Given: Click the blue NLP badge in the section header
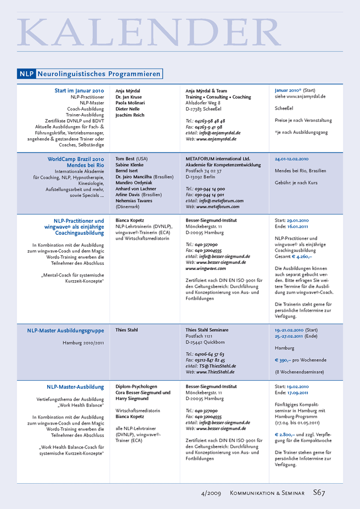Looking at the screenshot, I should point(26,73).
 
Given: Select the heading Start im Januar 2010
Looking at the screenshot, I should point(79,91).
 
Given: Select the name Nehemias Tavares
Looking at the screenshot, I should point(134,201).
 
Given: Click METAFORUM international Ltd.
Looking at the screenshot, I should point(217,159).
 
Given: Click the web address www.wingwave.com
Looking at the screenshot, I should point(206,269).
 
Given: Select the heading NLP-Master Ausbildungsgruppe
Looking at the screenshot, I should point(65,330).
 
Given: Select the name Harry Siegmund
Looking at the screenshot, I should point(132,399).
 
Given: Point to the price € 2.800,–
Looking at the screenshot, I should point(284,434).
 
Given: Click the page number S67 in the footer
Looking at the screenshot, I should point(319,493).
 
